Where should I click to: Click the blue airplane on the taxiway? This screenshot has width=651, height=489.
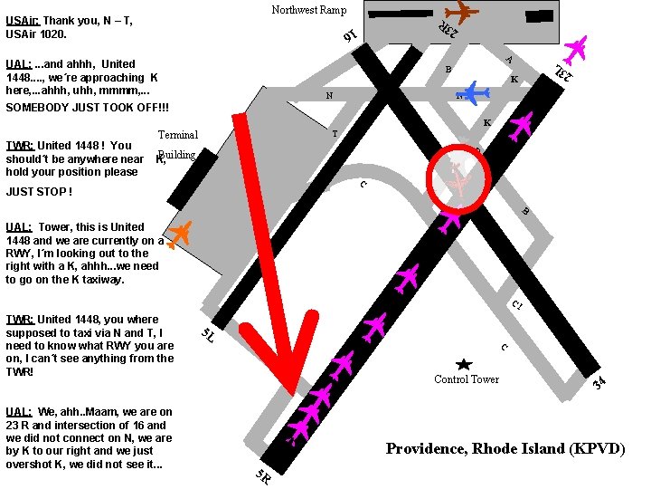[x=473, y=92]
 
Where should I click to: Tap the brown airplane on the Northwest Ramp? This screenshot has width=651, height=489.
[x=461, y=13]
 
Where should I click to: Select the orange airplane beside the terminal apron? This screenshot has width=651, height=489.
[x=179, y=235]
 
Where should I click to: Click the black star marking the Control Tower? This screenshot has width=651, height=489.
[x=464, y=365]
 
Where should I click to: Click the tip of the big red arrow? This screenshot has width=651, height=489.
[x=294, y=394]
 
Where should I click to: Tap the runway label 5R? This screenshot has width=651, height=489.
[x=263, y=476]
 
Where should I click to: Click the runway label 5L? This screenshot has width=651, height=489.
[x=208, y=335]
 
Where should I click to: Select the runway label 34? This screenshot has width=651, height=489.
[x=599, y=382]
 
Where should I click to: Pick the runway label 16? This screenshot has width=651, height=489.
[x=350, y=35]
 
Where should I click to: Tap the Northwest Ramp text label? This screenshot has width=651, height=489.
[x=309, y=10]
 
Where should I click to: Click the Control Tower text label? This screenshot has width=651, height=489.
[x=467, y=379]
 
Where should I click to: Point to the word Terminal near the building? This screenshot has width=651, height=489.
[x=178, y=135]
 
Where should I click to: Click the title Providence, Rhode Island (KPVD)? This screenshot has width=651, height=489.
[x=505, y=449]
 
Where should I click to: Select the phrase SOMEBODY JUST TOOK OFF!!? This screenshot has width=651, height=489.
[x=87, y=107]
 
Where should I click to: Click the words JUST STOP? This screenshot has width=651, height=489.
[x=39, y=192]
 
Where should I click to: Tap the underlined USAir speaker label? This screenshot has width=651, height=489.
[x=23, y=20]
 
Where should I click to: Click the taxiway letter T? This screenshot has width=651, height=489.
[x=335, y=134]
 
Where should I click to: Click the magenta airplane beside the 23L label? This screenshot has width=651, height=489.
[x=576, y=51]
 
